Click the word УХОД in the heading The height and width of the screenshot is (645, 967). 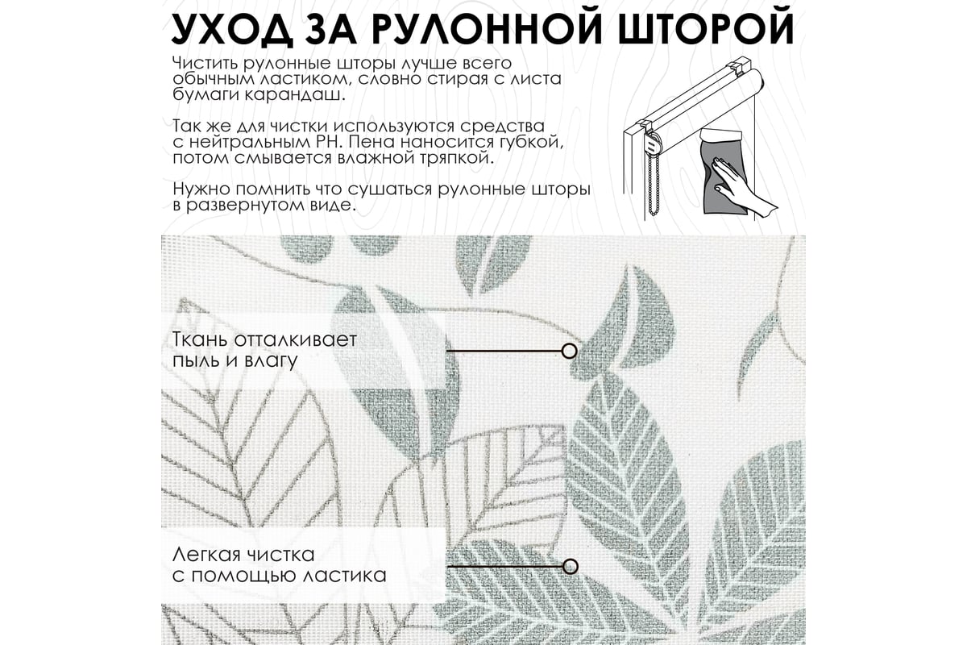[x=231, y=29]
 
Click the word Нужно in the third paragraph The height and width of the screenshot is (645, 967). [x=201, y=189]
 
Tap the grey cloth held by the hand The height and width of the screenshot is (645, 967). [x=723, y=171]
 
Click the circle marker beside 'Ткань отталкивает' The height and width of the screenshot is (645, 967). [x=570, y=352]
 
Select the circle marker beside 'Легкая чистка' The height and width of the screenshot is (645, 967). [x=571, y=566]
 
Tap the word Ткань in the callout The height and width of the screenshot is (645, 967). [x=201, y=339]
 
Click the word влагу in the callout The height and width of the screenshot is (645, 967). [x=271, y=361]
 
